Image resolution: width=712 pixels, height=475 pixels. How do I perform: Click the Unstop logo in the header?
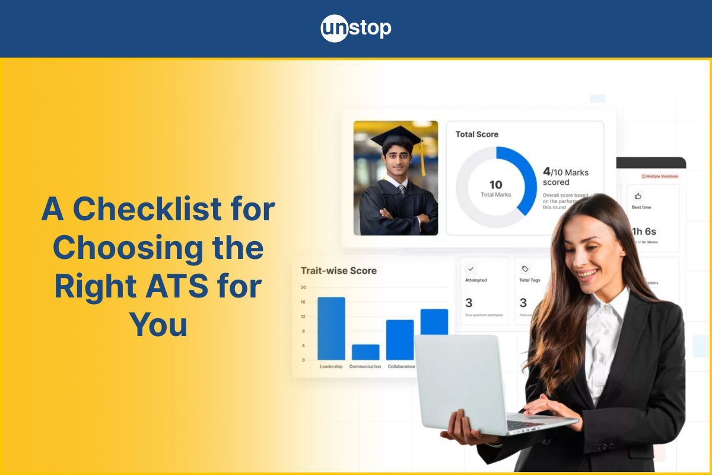(356, 28)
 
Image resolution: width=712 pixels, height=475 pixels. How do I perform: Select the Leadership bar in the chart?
(331, 328)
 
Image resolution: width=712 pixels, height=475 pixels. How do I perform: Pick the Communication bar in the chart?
(365, 352)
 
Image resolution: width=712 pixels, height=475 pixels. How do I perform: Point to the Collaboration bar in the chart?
(400, 340)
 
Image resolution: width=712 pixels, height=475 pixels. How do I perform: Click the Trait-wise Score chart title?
(338, 271)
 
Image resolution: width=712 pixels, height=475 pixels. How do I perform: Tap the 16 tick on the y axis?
(303, 302)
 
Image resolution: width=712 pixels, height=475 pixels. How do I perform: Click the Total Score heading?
(477, 134)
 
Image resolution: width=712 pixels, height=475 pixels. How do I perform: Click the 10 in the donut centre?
(495, 185)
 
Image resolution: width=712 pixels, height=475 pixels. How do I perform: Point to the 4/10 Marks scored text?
(565, 176)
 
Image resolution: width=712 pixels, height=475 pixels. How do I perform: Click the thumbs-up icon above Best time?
(638, 195)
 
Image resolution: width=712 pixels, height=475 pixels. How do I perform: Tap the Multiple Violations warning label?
(659, 176)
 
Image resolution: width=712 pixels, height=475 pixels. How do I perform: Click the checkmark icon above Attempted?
(471, 269)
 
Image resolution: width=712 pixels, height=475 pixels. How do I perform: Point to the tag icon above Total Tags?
(525, 269)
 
